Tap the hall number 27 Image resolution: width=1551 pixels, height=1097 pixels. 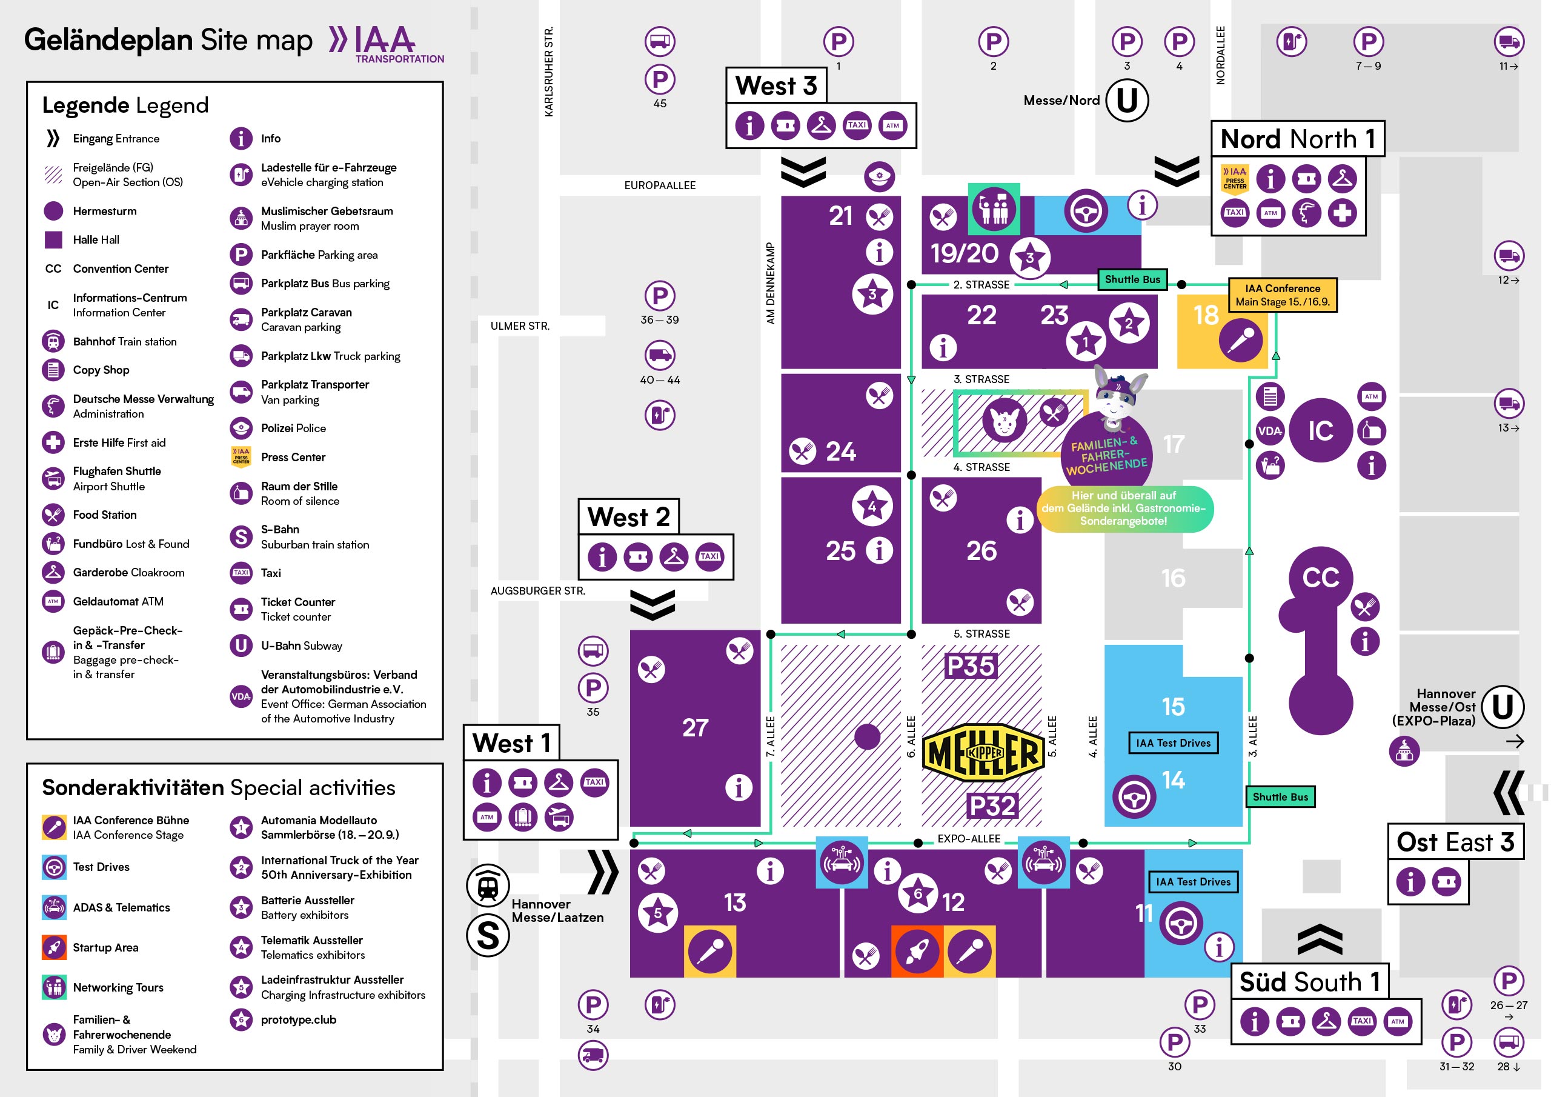tap(695, 728)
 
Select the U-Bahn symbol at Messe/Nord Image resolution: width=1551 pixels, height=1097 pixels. tap(1127, 101)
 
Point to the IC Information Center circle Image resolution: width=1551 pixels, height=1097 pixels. tap(1321, 430)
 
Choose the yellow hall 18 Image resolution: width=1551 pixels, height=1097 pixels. tap(1222, 331)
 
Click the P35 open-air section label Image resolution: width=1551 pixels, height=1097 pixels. tap(971, 667)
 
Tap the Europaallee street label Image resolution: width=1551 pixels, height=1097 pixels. tap(659, 185)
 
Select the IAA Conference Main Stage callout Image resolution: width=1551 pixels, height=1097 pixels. tap(1282, 295)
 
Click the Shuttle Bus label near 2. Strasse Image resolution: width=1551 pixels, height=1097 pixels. tap(1132, 279)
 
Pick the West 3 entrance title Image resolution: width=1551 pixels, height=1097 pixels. tap(776, 86)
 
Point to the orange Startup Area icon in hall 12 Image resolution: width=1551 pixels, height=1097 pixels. tap(917, 952)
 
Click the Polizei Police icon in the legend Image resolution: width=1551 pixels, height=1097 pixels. tap(241, 428)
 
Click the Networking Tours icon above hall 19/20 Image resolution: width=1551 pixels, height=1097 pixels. tap(994, 209)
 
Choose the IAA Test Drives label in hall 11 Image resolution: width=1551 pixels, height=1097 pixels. tap(1193, 881)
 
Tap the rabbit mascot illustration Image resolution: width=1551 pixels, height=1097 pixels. tap(1117, 398)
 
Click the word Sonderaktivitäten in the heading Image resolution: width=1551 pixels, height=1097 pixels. tap(133, 788)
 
